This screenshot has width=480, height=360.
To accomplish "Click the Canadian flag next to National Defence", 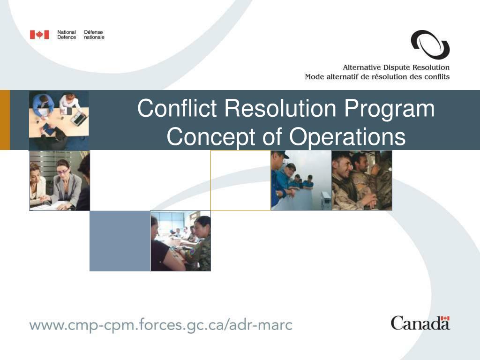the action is tap(39, 35).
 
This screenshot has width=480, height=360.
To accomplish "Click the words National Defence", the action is tap(67, 35).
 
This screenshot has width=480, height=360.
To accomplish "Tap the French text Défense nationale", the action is tap(94, 35).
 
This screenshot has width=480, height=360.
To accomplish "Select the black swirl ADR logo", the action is tap(430, 45).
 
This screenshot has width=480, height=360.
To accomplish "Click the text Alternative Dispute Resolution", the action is tap(396, 67).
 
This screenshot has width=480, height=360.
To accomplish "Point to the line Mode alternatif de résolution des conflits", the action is tap(377, 76).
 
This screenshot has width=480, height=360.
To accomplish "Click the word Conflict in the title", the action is tap(177, 108).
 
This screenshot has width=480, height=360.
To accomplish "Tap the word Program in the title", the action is tap(389, 109).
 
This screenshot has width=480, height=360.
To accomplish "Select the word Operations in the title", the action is tap(347, 137).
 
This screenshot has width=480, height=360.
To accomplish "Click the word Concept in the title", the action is tap(211, 137).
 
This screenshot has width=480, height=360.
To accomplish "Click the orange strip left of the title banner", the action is tap(5, 120).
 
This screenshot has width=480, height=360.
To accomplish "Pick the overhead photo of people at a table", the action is tap(59, 120).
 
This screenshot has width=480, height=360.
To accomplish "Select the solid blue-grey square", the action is tap(120, 241).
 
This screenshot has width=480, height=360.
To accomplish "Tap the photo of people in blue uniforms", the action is tap(301, 180).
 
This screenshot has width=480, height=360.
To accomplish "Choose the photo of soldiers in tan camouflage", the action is tap(362, 180).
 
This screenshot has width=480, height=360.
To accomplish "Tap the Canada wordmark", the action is tap(420, 323).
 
